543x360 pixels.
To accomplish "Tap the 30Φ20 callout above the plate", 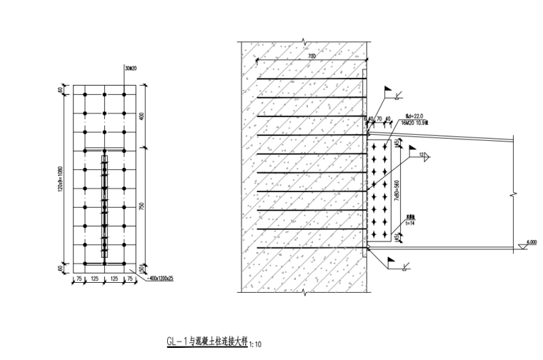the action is (x=129, y=69).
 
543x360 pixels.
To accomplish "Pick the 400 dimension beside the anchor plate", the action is (x=144, y=116).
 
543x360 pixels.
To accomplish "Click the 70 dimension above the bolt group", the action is (x=380, y=119).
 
